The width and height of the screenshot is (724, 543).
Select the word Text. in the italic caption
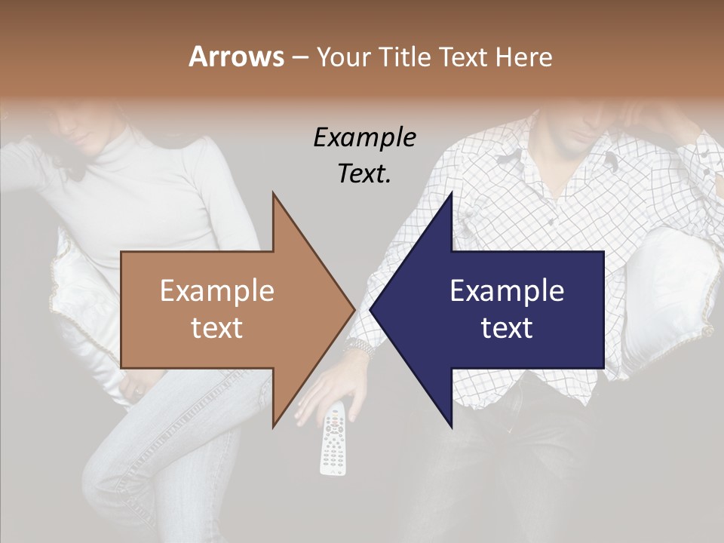364,173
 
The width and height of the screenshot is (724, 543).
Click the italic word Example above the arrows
364,138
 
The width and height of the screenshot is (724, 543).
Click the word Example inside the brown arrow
217,291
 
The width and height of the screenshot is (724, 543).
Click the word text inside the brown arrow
217,328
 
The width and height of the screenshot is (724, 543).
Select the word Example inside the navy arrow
507,291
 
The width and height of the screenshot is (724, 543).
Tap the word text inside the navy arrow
507,328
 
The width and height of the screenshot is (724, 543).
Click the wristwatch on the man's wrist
360,348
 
